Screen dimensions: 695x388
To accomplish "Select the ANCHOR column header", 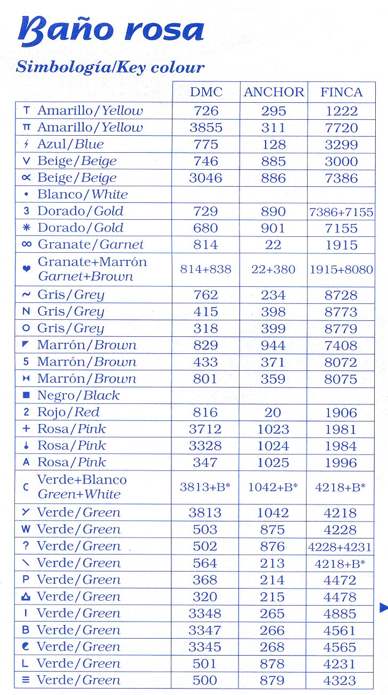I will pos(274,92).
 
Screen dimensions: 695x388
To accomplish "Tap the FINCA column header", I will pos(341,92).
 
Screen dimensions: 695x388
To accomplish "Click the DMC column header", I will pos(206,92).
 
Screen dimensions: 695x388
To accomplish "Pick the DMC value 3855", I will pos(206,128).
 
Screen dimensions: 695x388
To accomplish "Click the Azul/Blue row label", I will pos(70,144).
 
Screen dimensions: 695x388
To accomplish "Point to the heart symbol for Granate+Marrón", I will pos(27,269).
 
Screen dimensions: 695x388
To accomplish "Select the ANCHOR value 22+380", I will pos(273,269).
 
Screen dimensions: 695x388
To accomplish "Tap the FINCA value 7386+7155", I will pos(341,212).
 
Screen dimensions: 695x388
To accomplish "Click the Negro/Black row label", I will pos(78,395).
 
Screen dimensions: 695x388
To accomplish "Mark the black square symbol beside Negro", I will pos(26,395).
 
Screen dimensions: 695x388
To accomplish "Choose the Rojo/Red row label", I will pos(68,412).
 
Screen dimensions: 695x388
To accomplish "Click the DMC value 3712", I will pos(206,429).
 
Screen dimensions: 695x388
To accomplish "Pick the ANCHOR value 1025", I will pos(273,462).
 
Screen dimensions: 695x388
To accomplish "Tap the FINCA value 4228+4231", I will pos(341,547).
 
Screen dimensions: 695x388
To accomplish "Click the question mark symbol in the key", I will pos(26,546).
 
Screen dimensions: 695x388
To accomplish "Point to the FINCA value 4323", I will pos(341,681).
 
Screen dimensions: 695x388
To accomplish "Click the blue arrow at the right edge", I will pos(383,608).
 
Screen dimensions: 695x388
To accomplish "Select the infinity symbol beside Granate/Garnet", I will pos(27,245).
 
